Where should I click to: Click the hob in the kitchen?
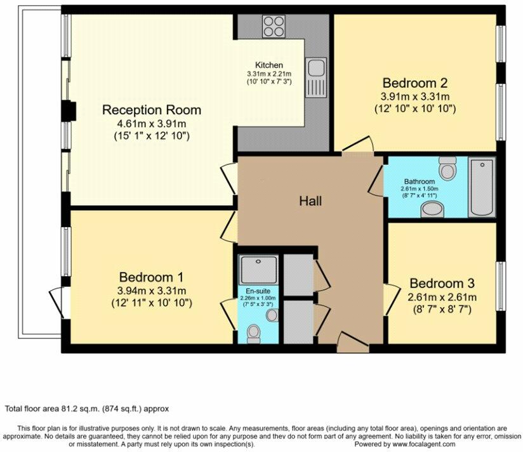pos(274,26)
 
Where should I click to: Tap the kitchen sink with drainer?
pos(315,77)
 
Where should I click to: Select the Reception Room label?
pos(152,110)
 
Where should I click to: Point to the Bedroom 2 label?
pos(415,83)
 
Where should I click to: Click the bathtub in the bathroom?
pos(481,187)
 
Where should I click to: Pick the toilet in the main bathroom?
pos(447,168)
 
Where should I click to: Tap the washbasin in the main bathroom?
pos(432,209)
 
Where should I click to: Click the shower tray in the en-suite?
pos(258,270)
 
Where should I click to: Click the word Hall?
pos(310,201)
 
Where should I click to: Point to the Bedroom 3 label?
pos(442,283)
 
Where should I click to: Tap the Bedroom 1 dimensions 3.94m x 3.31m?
pos(152,291)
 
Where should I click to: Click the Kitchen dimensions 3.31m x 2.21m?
pos(269,74)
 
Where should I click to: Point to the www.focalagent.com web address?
pos(423,444)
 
